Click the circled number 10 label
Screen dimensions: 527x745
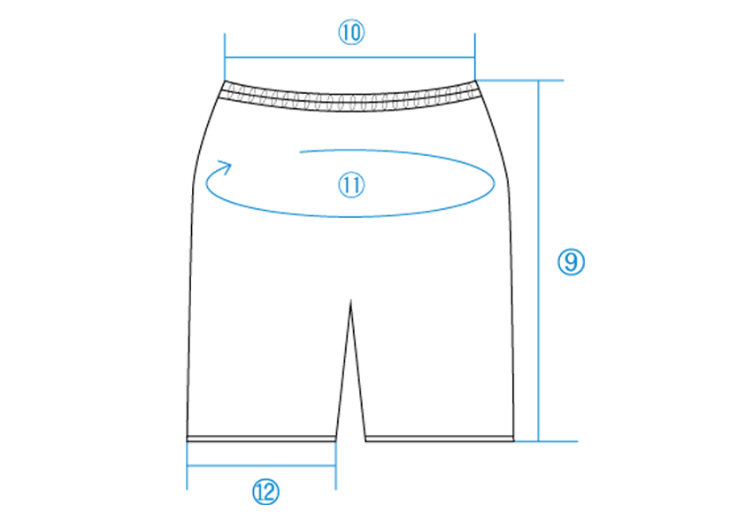pyautogui.click(x=352, y=33)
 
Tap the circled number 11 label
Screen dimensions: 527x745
pyautogui.click(x=352, y=185)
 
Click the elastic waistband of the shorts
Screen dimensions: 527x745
pyautogui.click(x=352, y=97)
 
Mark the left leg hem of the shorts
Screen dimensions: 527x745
pyautogui.click(x=262, y=438)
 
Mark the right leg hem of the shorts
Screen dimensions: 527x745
pyautogui.click(x=440, y=438)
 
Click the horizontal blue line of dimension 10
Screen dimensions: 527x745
pyautogui.click(x=350, y=57)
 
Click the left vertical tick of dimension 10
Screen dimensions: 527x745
pyautogui.click(x=226, y=55)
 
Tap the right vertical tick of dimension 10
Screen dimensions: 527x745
pyautogui.click(x=475, y=55)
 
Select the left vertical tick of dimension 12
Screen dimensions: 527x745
pyautogui.click(x=188, y=467)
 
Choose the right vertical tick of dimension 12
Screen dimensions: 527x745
pyautogui.click(x=336, y=467)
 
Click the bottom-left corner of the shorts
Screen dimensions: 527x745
pyautogui.click(x=188, y=438)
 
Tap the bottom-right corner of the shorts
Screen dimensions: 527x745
pyautogui.click(x=514, y=438)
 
